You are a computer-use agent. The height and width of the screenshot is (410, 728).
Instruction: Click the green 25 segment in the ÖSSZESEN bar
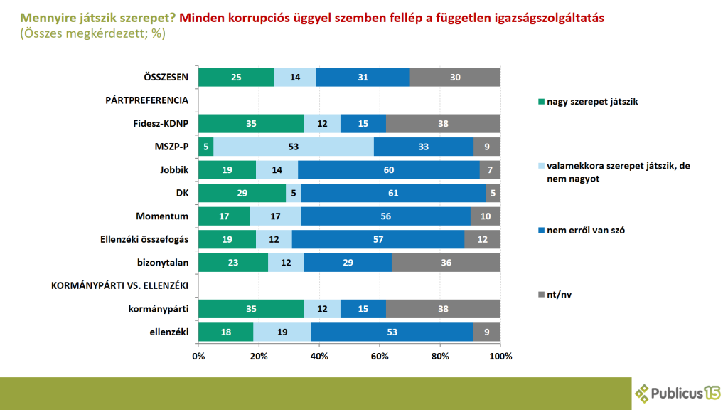236,77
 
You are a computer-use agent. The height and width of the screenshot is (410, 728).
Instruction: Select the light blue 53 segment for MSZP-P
294,147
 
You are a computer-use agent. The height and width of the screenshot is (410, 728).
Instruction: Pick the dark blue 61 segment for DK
393,193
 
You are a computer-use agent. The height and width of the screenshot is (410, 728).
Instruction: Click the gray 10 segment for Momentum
486,216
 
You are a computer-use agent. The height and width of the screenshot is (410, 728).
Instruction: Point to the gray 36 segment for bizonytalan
446,262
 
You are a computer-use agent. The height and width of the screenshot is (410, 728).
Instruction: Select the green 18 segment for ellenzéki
225,332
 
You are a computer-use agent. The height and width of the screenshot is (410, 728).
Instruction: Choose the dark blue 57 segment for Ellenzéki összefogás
378,239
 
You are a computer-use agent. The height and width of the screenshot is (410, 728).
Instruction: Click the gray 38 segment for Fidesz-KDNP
443,123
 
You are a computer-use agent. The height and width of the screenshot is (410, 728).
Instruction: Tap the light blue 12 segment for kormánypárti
322,308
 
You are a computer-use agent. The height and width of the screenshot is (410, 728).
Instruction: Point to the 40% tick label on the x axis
319,356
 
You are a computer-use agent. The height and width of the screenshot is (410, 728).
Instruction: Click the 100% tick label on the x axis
500,356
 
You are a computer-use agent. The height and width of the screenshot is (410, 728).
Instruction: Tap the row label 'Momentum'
164,216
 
